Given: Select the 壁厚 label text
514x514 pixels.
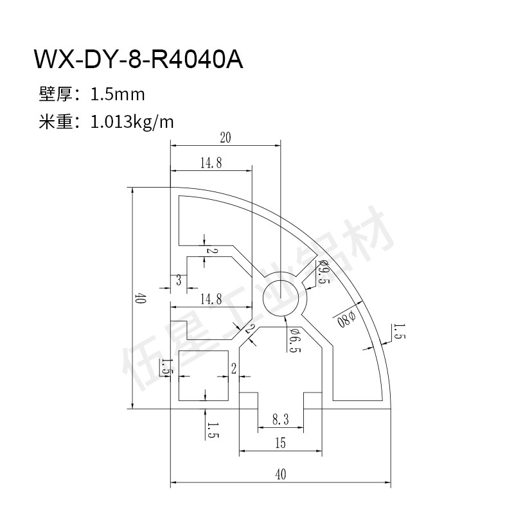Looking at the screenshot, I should pyautogui.click(x=55, y=95).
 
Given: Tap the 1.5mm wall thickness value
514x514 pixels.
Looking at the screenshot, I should pyautogui.click(x=118, y=95).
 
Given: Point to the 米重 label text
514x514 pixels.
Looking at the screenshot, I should pyautogui.click(x=55, y=121).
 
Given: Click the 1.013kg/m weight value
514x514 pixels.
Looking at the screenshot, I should pyautogui.click(x=132, y=122).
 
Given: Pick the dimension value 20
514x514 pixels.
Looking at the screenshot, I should pyautogui.click(x=225, y=137).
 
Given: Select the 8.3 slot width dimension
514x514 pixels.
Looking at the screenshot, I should pyautogui.click(x=280, y=420).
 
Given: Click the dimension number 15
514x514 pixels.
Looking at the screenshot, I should pyautogui.click(x=280, y=443).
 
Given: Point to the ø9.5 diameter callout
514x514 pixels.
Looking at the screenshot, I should pyautogui.click(x=323, y=273).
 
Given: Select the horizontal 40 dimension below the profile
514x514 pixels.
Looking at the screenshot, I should pyautogui.click(x=280, y=475).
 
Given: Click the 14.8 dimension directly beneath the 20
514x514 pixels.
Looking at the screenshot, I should pyautogui.click(x=211, y=163).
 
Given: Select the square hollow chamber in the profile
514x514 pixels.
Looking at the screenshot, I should pyautogui.click(x=202, y=376).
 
